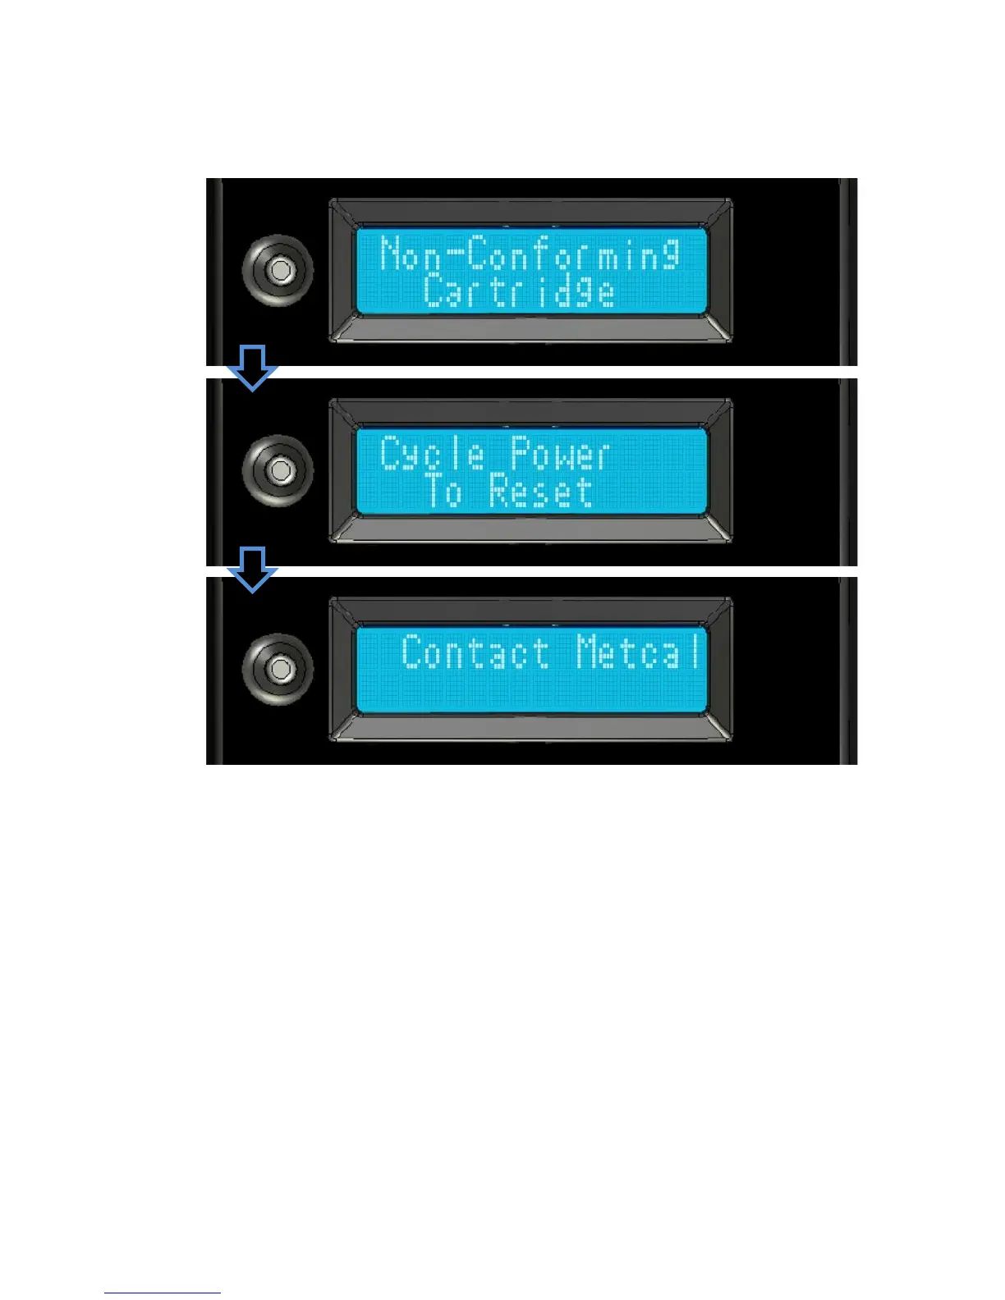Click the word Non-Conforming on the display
click(x=530, y=254)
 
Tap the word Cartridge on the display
click(x=519, y=292)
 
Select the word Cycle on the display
click(x=433, y=454)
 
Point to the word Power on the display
click(x=560, y=454)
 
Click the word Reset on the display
click(x=540, y=492)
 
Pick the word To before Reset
click(x=443, y=492)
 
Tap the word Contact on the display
click(x=475, y=653)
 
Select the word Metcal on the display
click(x=640, y=653)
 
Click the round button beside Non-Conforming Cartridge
click(x=279, y=270)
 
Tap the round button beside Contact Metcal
click(x=279, y=668)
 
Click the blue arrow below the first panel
click(x=252, y=367)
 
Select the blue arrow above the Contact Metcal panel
click(x=252, y=568)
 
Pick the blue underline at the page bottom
click(x=162, y=1293)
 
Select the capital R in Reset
click(x=500, y=491)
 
